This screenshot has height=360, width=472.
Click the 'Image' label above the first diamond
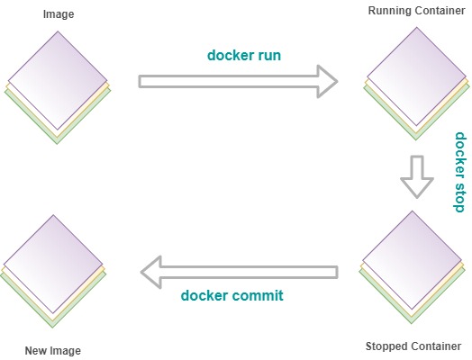pos(59,14)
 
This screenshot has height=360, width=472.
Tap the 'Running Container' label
pos(417,11)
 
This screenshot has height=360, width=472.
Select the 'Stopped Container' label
pos(413,346)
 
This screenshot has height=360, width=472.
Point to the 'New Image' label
pos(52,351)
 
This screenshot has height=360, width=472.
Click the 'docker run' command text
pos(244,55)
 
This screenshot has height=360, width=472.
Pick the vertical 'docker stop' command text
pos(459,172)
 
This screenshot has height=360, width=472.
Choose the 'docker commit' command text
pos(232,295)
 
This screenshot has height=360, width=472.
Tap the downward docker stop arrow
pos(417,176)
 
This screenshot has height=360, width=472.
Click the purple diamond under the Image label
pos(58,80)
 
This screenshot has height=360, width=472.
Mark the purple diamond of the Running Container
pos(417,76)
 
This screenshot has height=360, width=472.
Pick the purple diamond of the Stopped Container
pos(412,260)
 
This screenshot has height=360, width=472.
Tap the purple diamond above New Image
pos(53,264)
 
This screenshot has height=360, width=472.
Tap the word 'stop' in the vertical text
pos(459,196)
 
